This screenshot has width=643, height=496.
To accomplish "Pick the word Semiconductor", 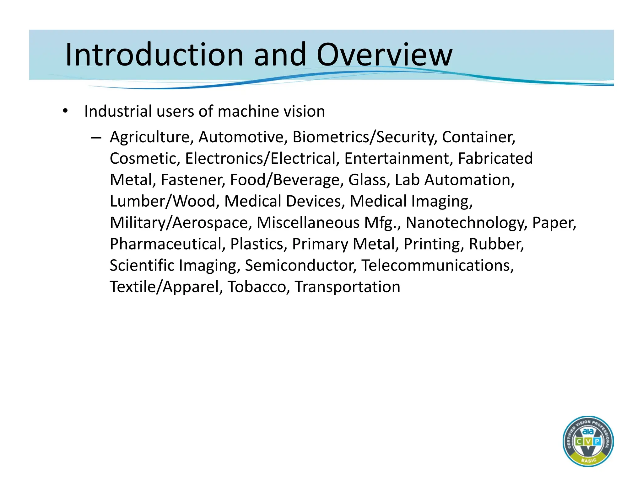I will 300,266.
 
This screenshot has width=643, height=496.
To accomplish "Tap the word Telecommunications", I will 437,266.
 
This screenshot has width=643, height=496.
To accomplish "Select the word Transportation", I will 348,287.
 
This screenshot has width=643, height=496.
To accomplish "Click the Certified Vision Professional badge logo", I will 588,441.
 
